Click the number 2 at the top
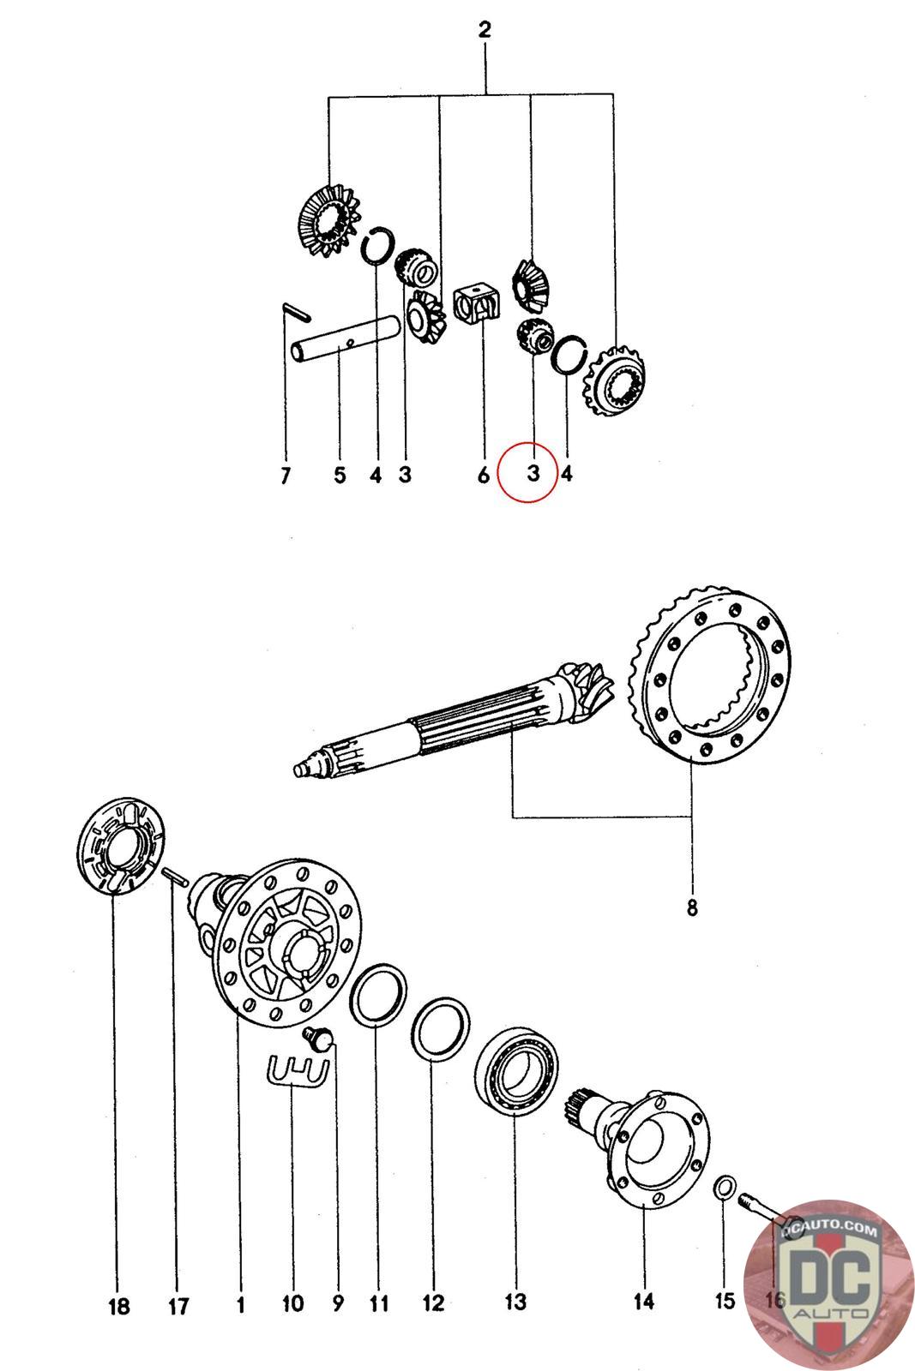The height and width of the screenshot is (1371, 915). [485, 29]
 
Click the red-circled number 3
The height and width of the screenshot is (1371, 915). [533, 472]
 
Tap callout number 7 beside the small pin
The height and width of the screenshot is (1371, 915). [286, 476]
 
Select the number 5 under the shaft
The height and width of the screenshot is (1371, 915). [340, 475]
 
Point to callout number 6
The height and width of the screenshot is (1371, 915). [483, 475]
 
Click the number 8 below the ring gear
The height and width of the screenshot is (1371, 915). [692, 907]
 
